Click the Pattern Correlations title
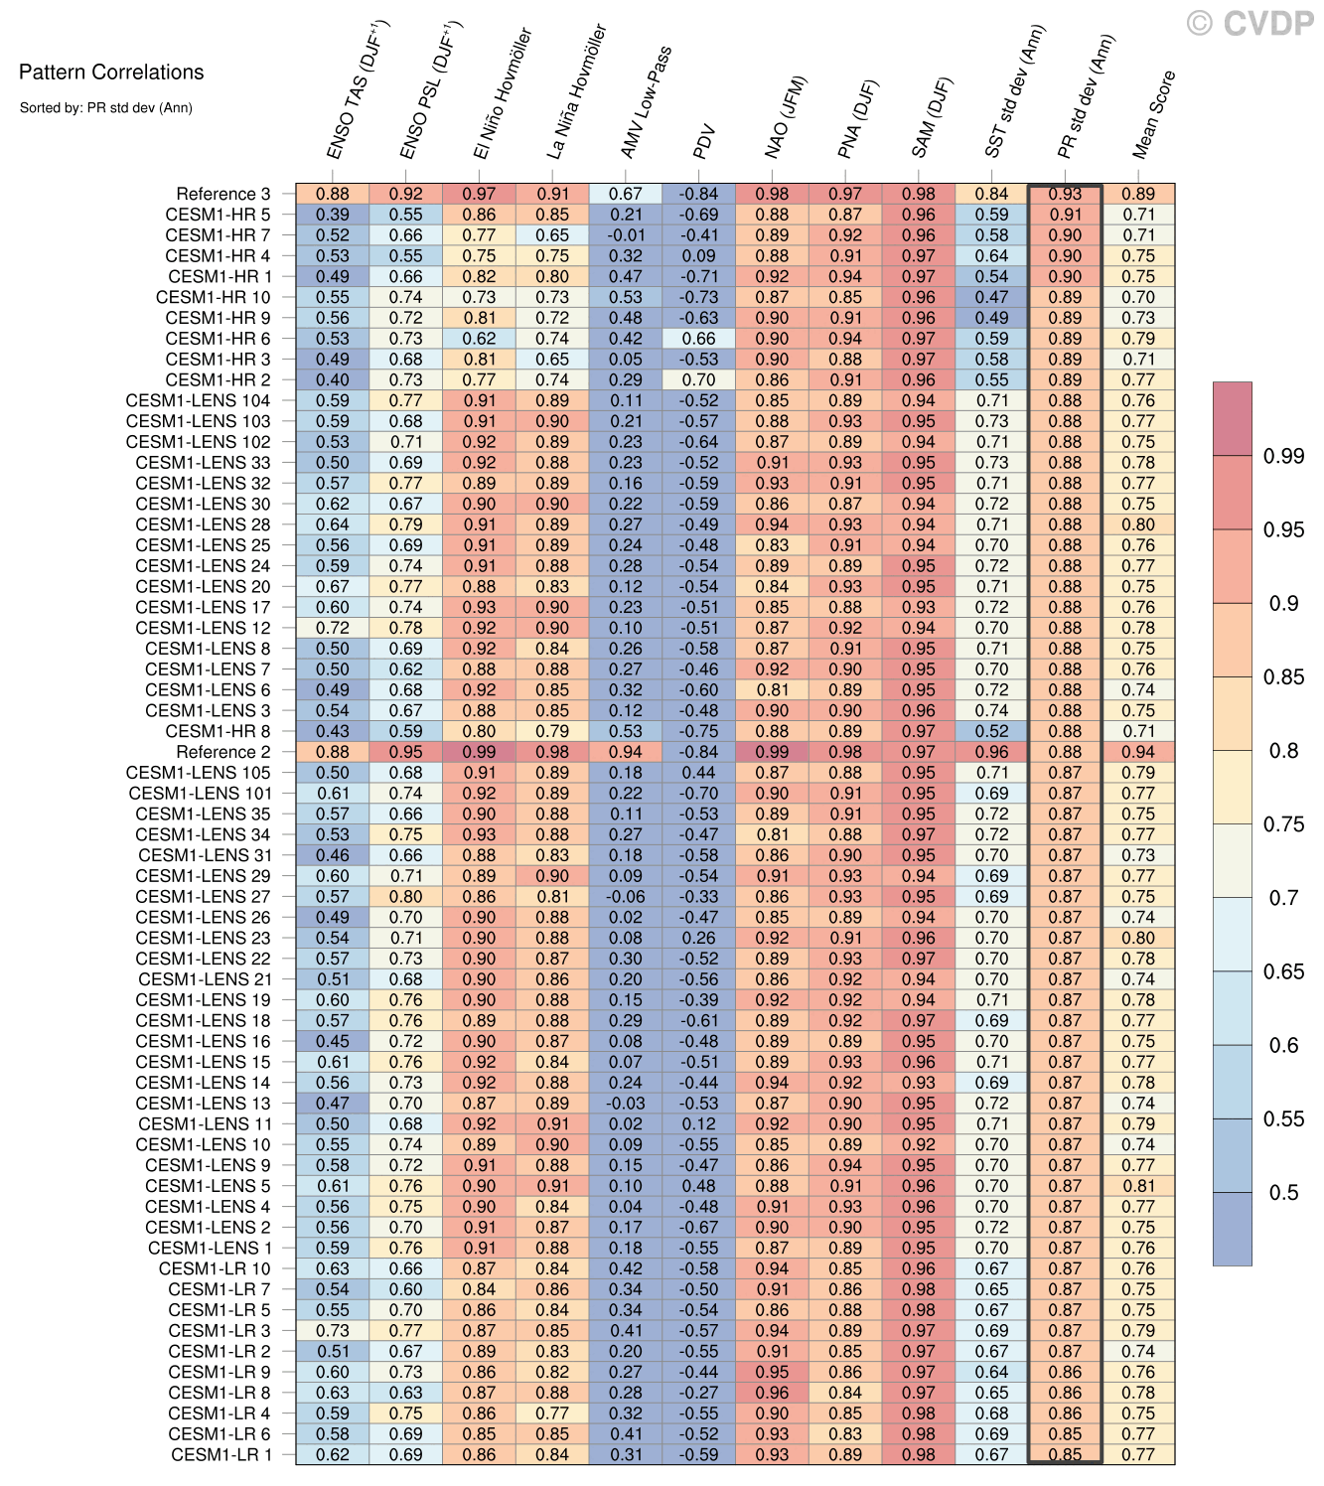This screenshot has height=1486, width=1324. click(x=111, y=72)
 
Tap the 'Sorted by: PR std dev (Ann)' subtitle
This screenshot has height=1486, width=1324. click(x=105, y=107)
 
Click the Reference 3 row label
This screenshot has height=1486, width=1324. click(x=222, y=194)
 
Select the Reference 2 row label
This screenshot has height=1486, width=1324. click(x=222, y=752)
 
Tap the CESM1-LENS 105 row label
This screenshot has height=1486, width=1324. click(x=198, y=773)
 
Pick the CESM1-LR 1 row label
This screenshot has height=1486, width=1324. click(x=221, y=1454)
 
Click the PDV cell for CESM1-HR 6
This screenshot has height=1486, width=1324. click(x=699, y=339)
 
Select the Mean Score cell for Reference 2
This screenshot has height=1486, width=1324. click(x=1138, y=752)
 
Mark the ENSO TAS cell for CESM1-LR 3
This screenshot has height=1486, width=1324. click(x=333, y=1330)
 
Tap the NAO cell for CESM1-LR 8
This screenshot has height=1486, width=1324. click(x=772, y=1393)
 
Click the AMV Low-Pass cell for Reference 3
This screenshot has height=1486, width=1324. click(x=626, y=194)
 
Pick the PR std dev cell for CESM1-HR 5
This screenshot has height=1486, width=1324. click(x=1065, y=215)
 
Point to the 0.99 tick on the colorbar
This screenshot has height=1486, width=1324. click(x=1283, y=456)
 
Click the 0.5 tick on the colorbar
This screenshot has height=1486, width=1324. click(x=1283, y=1192)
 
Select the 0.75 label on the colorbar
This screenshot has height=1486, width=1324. click(x=1283, y=824)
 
